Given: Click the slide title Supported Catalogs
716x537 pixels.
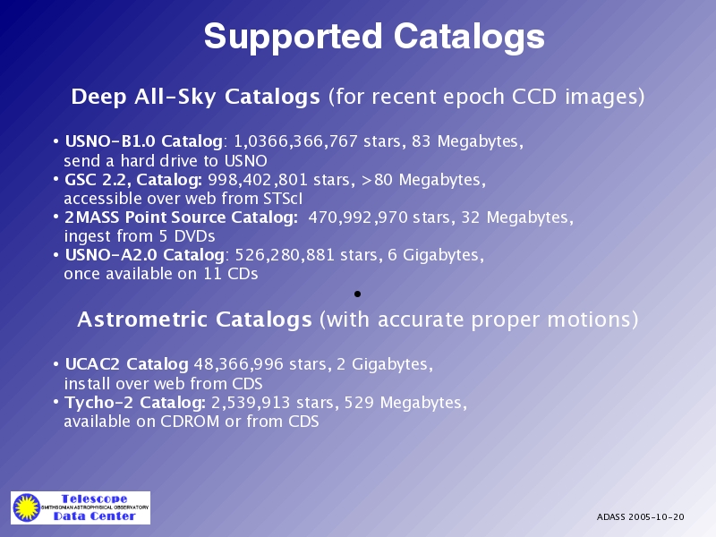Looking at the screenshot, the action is [374, 37].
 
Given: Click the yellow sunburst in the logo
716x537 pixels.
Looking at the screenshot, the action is [27, 507].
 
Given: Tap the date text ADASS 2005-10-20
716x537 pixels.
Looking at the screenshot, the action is [640, 517].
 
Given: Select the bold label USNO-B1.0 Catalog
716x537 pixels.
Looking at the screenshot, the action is [144, 141].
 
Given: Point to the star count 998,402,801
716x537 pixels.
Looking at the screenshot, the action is [258, 180].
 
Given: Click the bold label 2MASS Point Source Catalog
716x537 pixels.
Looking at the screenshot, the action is [182, 217].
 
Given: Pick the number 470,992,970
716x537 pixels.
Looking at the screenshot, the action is [358, 217].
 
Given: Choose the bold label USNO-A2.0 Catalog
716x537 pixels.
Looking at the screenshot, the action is [145, 255].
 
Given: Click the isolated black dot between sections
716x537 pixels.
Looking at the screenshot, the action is [357, 294].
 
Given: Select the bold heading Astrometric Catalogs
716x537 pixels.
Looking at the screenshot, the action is [194, 320].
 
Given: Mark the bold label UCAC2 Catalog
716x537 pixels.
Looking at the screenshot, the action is [126, 364].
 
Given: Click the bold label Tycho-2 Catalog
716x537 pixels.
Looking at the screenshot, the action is [135, 403].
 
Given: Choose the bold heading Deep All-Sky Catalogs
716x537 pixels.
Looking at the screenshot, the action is [195, 97].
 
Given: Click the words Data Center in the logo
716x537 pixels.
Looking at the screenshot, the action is [95, 516].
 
